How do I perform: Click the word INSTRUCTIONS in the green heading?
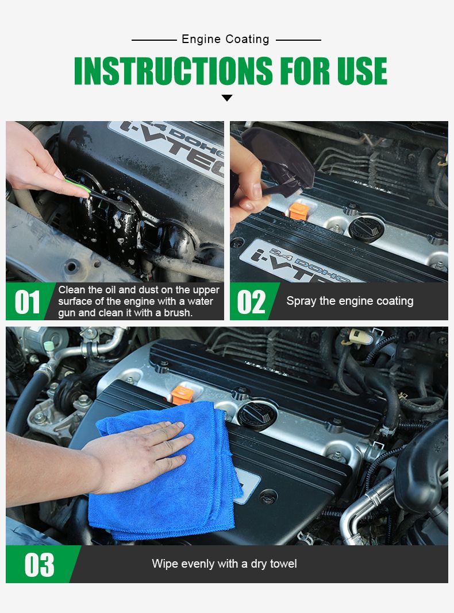173,71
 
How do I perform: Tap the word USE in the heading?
362,71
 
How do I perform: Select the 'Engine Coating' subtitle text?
225,40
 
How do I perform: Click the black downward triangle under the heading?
227,98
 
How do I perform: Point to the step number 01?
27,302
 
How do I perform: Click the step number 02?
251,302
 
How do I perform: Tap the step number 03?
39,565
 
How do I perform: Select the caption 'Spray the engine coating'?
350,301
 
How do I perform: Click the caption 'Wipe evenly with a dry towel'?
224,564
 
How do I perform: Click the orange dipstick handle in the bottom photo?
182,395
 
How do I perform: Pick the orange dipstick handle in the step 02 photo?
299,211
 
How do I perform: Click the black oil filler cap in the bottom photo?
257,415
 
